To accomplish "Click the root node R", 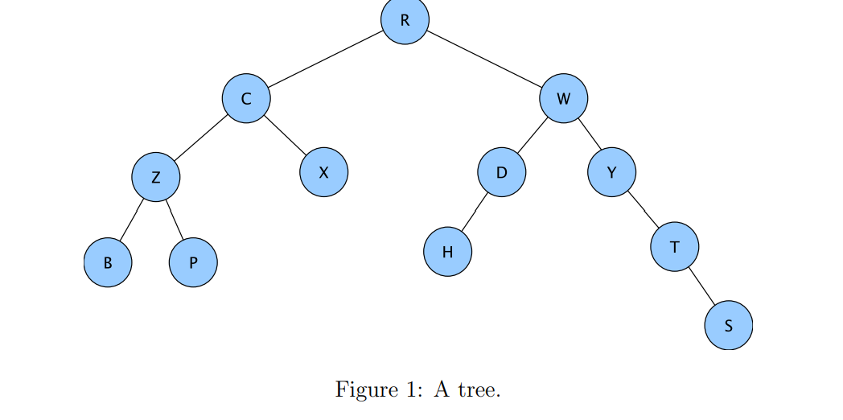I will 405,20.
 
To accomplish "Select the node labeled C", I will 246,98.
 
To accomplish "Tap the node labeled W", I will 563,99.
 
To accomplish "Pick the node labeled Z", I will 156,177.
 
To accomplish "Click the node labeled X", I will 324,171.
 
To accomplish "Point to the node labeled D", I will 501,171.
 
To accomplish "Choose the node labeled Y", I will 611,171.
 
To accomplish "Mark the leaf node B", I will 108,262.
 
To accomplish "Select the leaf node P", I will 193,262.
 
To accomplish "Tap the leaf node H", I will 447,251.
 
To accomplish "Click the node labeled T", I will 674,246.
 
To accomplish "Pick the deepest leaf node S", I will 729,326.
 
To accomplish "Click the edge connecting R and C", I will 326,59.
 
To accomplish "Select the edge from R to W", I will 484,59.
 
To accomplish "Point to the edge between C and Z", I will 201,138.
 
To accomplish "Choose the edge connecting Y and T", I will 643,208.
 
